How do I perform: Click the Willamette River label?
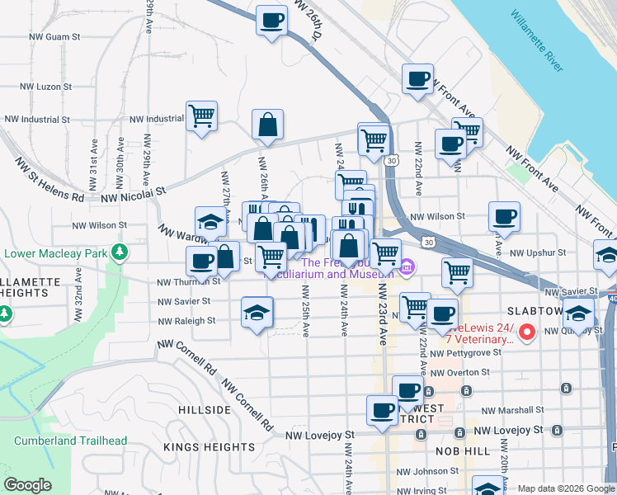tap(536, 40)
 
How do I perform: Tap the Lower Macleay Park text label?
tap(56, 251)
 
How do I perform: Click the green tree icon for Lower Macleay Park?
tap(120, 251)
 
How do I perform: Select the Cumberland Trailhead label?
tap(70, 441)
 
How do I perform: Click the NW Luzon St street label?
tap(45, 86)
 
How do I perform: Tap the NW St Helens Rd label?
tap(49, 186)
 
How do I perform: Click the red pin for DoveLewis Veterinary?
tap(527, 333)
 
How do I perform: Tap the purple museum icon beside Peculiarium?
tap(407, 268)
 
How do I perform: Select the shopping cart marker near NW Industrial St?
tap(201, 115)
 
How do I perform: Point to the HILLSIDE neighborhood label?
tap(204, 410)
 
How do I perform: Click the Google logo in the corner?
tap(27, 485)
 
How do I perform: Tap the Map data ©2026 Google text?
tap(565, 488)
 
